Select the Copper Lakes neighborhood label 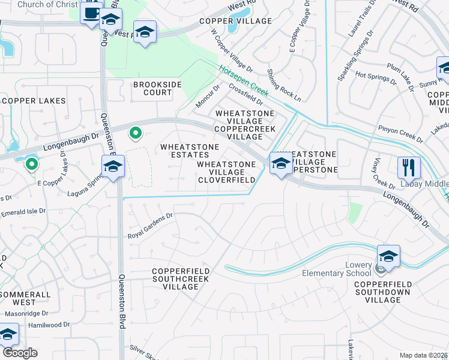click(34, 101)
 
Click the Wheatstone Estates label click(190, 151)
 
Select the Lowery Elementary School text click(367, 269)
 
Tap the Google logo click(20, 353)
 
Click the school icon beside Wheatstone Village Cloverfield click(280, 163)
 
